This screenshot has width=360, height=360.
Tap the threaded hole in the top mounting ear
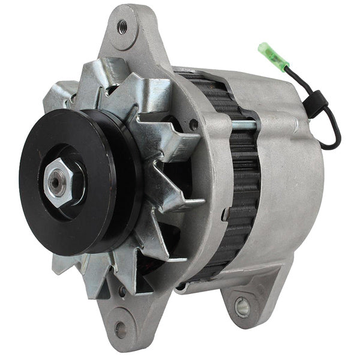tap(123, 26)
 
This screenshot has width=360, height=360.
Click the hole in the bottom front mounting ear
tap(120, 329)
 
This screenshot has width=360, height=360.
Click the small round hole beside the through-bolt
tap(194, 124)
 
